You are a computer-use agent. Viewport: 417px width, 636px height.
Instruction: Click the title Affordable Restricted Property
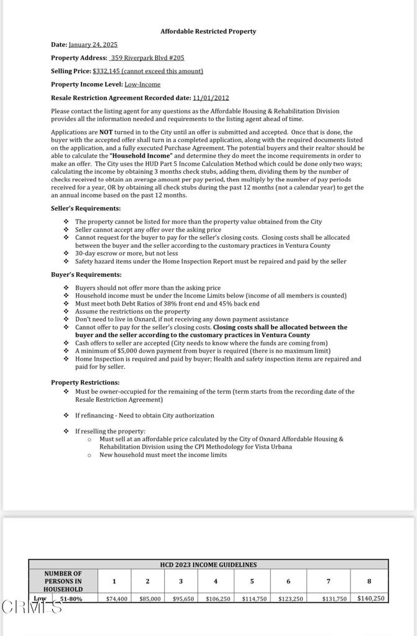click(208, 31)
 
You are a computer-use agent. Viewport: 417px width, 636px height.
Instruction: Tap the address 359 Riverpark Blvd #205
click(147, 58)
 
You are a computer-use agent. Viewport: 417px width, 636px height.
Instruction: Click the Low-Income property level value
click(142, 84)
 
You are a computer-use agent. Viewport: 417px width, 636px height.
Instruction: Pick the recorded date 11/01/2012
click(211, 98)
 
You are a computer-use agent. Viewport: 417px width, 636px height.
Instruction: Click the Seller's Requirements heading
click(86, 209)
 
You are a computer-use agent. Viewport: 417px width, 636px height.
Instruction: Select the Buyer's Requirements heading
click(86, 275)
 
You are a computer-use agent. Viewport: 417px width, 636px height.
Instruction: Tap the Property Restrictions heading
click(85, 383)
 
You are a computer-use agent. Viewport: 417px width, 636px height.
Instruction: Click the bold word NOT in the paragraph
click(106, 132)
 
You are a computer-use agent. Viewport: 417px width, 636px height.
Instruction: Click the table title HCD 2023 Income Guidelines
click(208, 565)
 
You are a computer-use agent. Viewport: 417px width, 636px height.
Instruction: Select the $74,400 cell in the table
click(116, 599)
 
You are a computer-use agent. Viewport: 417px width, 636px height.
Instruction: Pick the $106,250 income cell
click(218, 599)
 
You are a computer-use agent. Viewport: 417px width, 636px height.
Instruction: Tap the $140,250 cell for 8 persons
click(371, 598)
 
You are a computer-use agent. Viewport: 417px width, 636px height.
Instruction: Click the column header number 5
click(252, 581)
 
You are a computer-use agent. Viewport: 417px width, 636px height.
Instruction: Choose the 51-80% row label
click(71, 599)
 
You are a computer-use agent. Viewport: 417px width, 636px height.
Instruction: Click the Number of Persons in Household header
click(63, 581)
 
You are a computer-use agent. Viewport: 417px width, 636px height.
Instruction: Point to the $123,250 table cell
click(290, 599)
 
